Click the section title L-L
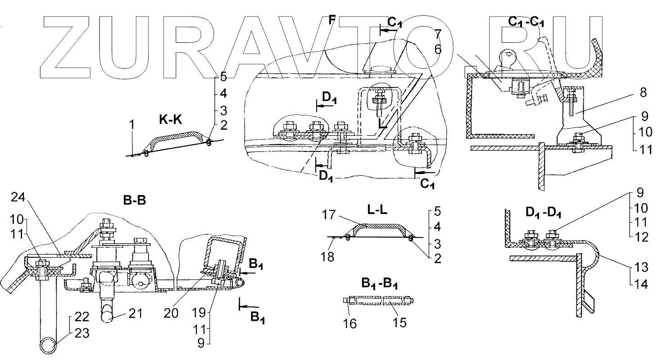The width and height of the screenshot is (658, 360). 378,211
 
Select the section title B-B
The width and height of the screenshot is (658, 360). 135,201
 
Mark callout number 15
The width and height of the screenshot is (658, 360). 399,323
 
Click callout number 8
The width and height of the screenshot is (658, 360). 642,93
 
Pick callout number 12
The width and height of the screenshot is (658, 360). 642,237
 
